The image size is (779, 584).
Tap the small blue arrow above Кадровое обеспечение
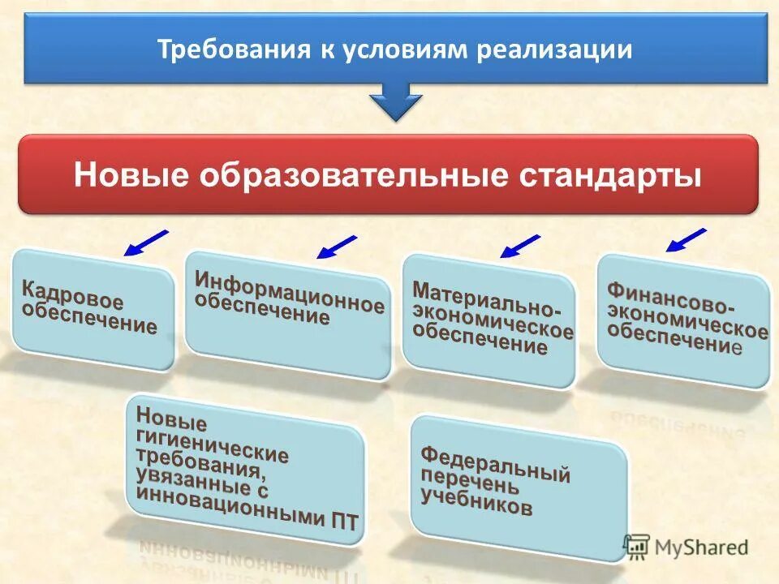pyautogui.click(x=146, y=243)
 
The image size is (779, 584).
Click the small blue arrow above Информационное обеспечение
pyautogui.click(x=336, y=247)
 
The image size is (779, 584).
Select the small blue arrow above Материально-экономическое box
pyautogui.click(x=520, y=246)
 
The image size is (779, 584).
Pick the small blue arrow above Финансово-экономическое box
pyautogui.click(x=686, y=240)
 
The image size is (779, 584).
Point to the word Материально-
pyautogui.click(x=485, y=300)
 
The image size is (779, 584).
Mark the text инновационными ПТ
pyautogui.click(x=247, y=507)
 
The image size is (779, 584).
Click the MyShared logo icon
pyautogui.click(x=637, y=546)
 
